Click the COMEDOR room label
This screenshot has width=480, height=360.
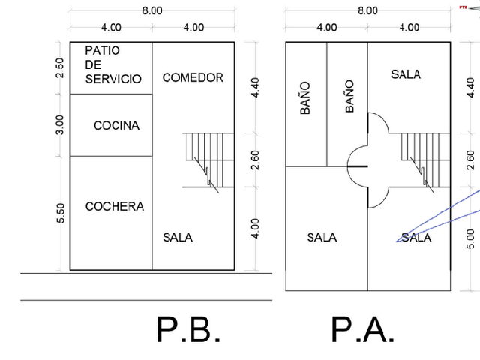click(193, 77)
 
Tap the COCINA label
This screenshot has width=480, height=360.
click(117, 125)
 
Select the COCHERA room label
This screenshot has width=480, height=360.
click(115, 207)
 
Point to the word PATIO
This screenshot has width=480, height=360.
click(102, 50)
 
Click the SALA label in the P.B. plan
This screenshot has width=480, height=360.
click(178, 238)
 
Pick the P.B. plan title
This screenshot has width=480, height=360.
click(188, 330)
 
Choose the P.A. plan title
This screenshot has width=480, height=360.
click(363, 330)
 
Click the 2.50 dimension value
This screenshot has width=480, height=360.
click(60, 67)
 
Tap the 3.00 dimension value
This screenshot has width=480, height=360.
click(60, 125)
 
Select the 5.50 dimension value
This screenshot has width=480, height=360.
click(61, 213)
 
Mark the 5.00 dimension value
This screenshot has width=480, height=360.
click(471, 239)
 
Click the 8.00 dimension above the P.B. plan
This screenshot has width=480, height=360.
click(152, 10)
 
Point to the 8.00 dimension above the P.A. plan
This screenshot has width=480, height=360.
click(368, 10)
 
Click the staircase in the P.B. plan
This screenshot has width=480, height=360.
click(208, 160)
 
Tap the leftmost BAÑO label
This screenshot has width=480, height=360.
click(305, 98)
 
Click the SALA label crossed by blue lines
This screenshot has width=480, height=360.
click(416, 238)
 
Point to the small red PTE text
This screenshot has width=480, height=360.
click(463, 7)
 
